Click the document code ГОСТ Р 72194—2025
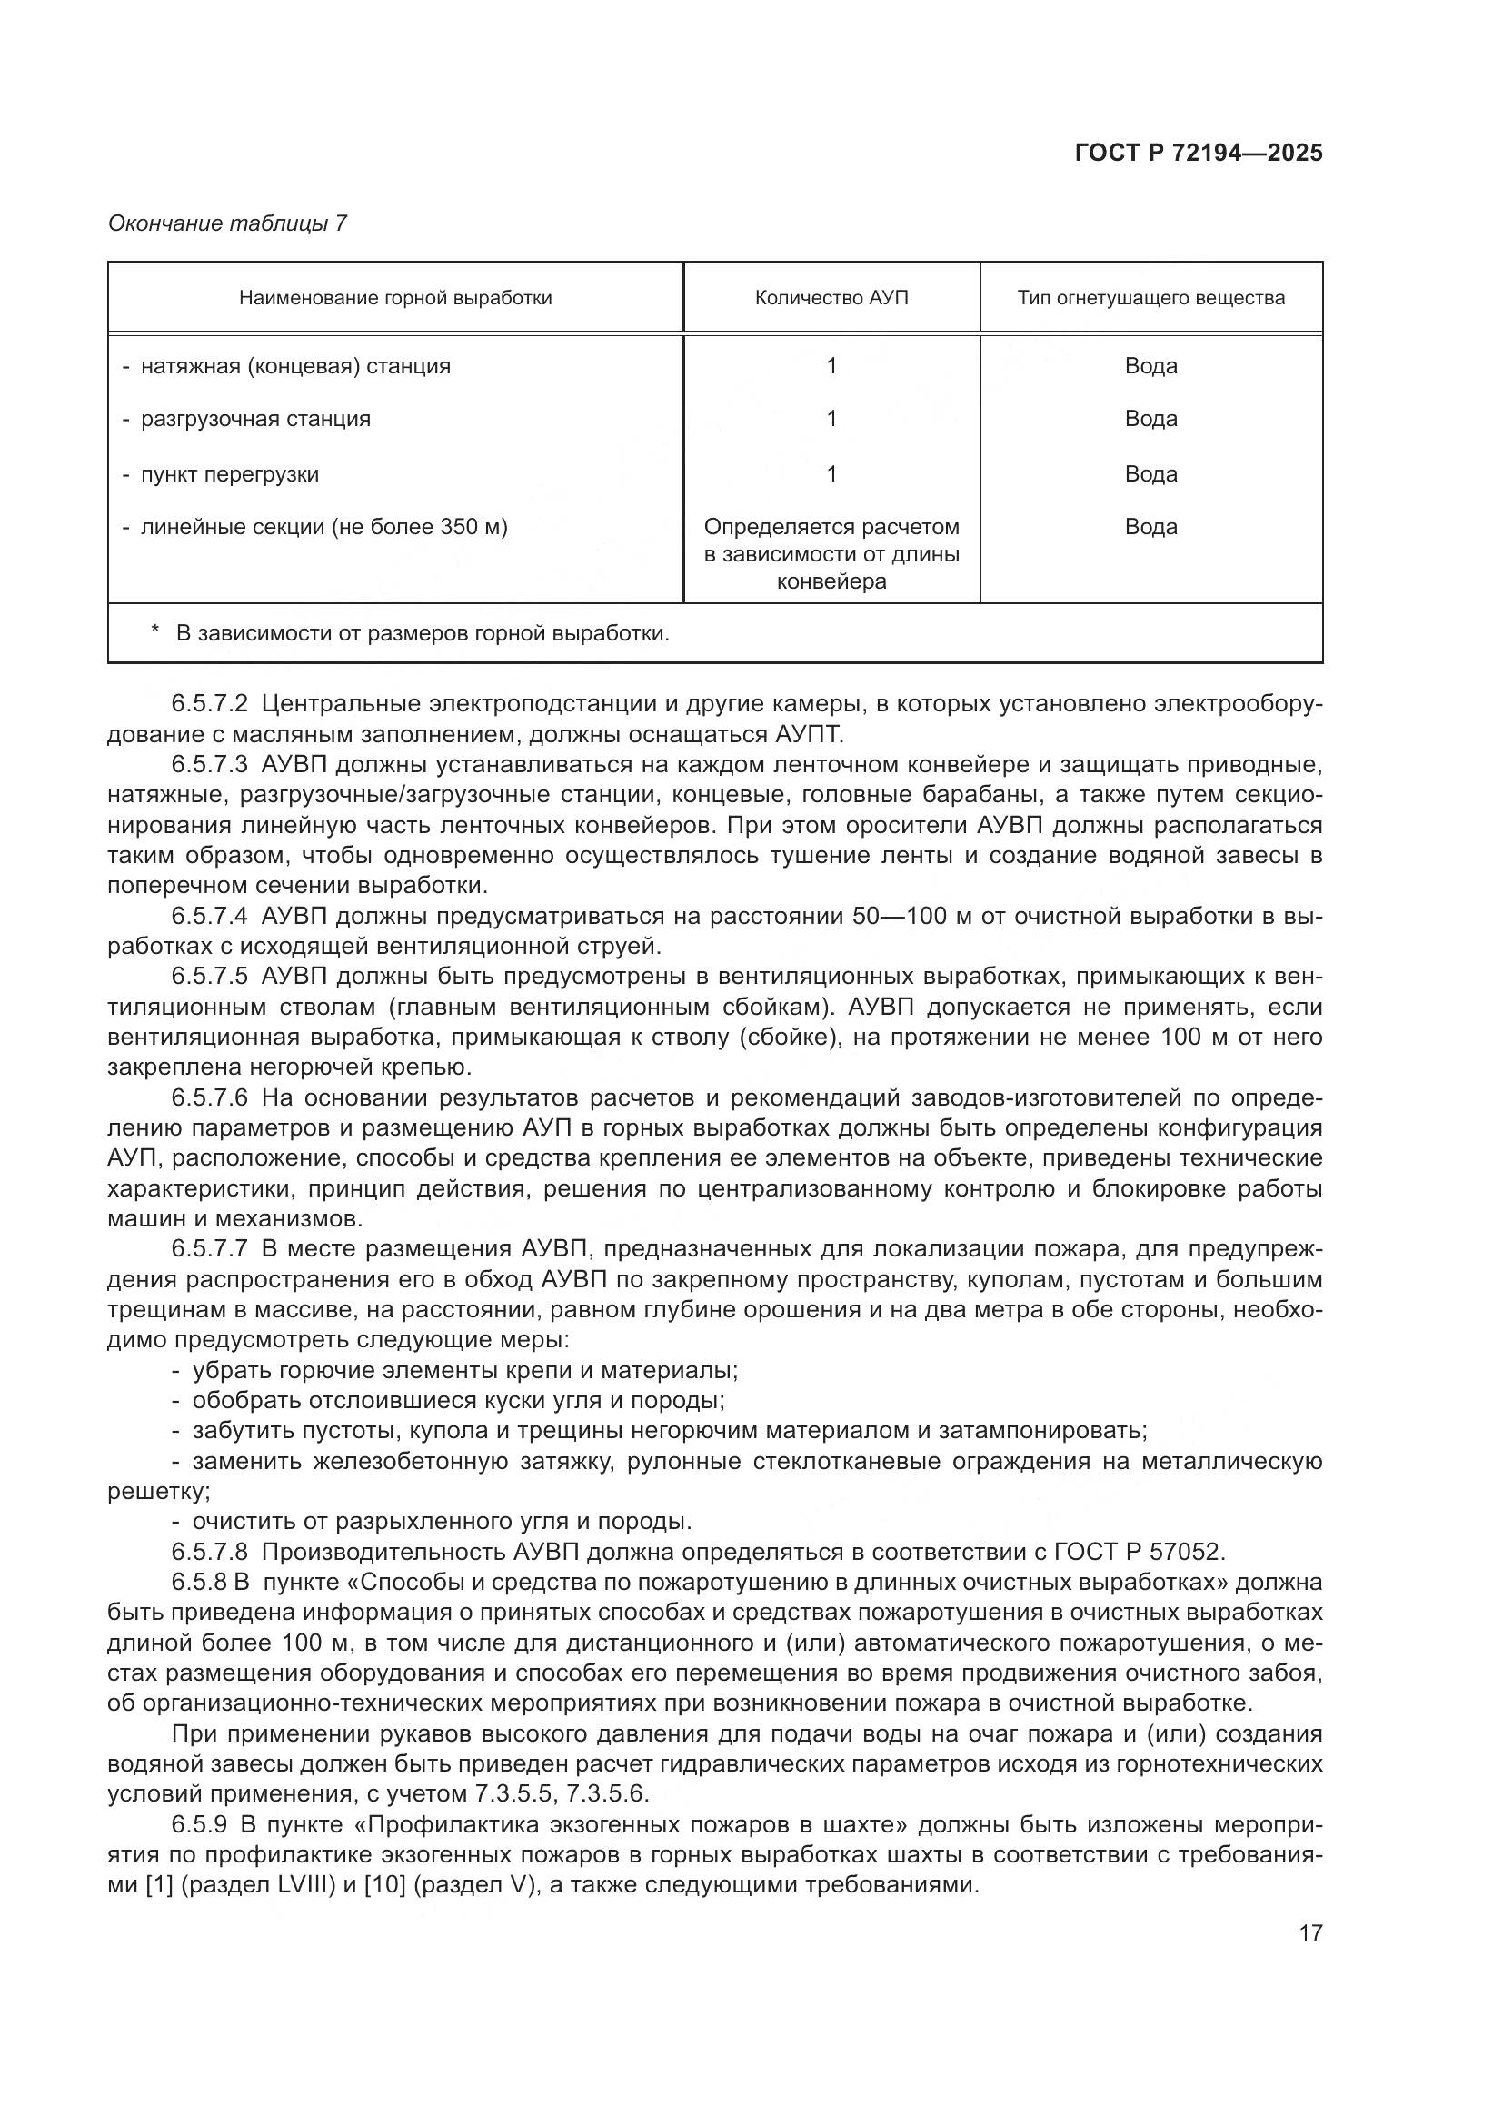[1199, 154]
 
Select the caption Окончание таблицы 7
[228, 224]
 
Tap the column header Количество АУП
[831, 298]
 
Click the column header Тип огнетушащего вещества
[1150, 298]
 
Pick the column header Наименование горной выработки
[395, 298]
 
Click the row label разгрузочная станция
[255, 419]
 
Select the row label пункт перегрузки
[230, 475]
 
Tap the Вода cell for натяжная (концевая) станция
[1150, 366]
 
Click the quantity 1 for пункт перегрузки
[831, 475]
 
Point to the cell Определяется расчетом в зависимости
[831, 553]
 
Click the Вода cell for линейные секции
[1150, 528]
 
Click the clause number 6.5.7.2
[209, 704]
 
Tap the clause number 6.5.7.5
[209, 977]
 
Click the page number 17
[1310, 1932]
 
